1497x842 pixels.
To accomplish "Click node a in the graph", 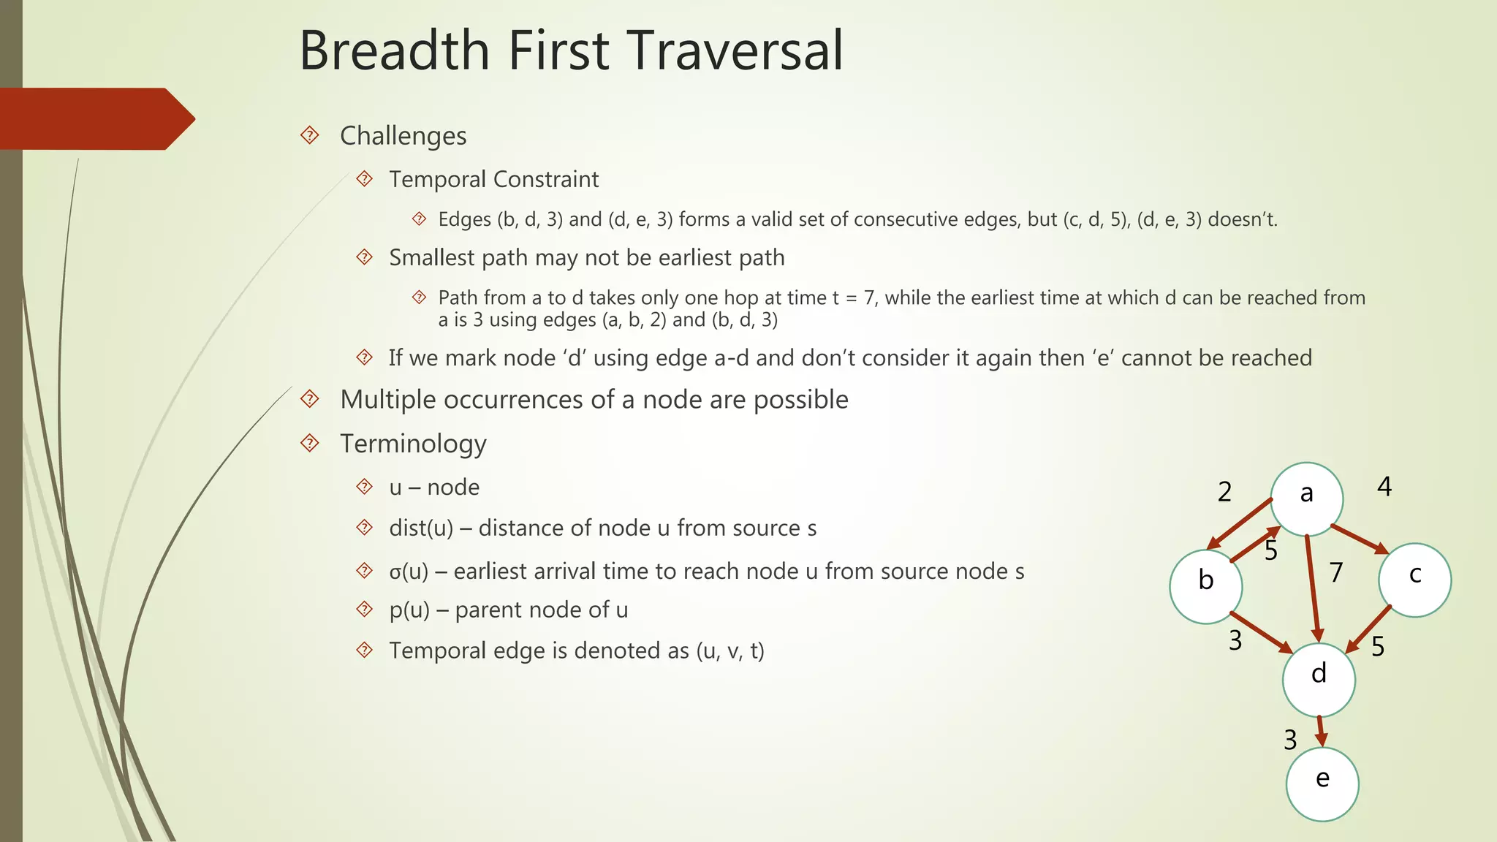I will [1306, 499].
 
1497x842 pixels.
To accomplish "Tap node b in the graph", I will [1205, 586].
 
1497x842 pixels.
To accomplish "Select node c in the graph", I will [1414, 580].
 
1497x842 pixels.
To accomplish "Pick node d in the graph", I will [1319, 680].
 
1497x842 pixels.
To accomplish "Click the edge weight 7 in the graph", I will [1336, 572].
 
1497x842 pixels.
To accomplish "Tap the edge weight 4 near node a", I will [1384, 487].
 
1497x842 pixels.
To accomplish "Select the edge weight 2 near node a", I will [1224, 492].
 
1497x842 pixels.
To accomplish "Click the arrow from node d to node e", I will [1321, 731].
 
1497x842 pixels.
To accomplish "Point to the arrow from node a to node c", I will [1359, 539].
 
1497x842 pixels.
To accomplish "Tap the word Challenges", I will [403, 136].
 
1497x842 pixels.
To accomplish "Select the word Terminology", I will [413, 444].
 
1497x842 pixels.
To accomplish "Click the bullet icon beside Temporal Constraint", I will [364, 179].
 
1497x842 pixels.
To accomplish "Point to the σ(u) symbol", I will [409, 572].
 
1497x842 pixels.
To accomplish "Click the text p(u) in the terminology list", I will [409, 610].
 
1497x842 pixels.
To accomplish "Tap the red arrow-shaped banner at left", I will [95, 119].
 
